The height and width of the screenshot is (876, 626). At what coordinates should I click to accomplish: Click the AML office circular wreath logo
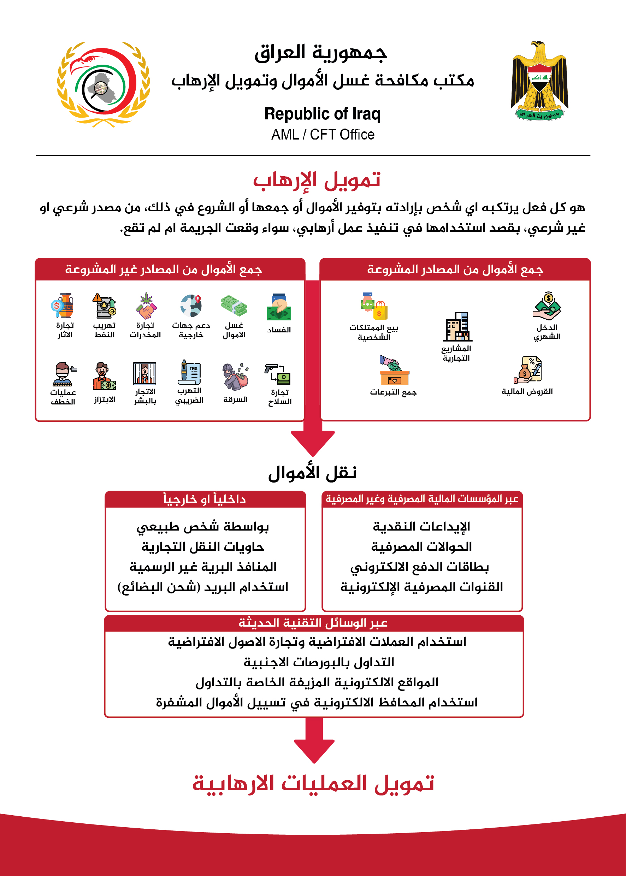coord(103,84)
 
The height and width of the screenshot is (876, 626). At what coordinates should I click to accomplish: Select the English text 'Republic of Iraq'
coord(322,114)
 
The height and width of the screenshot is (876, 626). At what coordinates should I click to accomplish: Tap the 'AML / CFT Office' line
coord(323,135)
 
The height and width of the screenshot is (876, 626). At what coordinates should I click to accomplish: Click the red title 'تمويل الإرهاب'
coord(317,180)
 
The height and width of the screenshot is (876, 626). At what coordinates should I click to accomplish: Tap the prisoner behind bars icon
coord(144,373)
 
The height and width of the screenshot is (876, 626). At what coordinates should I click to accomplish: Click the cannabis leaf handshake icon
coord(146,306)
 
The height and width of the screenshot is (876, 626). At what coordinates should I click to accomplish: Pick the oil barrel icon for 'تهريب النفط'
coord(104,306)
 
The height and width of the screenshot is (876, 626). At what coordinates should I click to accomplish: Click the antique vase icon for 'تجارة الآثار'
coord(63,306)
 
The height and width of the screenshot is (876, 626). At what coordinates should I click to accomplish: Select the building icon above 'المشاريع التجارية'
coord(457,327)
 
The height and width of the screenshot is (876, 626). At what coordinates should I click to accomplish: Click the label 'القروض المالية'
coord(527,392)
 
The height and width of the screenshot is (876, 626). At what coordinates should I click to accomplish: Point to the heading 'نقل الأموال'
coord(312,473)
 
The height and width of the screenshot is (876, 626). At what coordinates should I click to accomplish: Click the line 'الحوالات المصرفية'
coord(421,546)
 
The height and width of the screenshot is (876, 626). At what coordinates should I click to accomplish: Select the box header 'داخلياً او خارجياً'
coord(205,499)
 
